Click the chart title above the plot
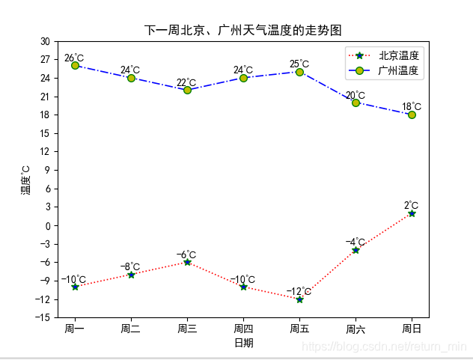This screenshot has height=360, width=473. (x=242, y=31)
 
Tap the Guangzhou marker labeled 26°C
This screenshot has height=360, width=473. (x=75, y=66)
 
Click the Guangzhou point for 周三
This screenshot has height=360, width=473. (x=187, y=90)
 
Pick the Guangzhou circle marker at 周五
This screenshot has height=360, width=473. (x=299, y=72)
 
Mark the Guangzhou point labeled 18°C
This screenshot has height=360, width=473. (x=412, y=115)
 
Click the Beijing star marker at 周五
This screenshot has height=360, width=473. (x=299, y=299)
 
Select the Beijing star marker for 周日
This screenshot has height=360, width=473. (x=412, y=213)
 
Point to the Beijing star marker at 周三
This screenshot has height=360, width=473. (x=187, y=262)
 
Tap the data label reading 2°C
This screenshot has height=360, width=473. (x=412, y=205)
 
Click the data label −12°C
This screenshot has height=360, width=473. (x=299, y=291)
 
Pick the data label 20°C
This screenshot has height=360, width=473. (x=355, y=95)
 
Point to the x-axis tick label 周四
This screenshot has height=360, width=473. (x=243, y=329)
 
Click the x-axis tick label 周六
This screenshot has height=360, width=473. (x=355, y=329)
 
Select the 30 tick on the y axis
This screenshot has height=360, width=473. (x=45, y=41)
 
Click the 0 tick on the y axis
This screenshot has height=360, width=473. (x=47, y=226)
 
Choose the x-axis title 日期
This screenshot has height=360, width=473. (x=243, y=343)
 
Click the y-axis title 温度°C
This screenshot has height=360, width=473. (x=25, y=180)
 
